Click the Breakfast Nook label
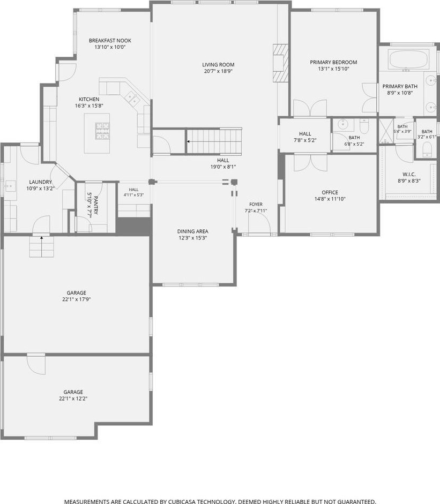click(110, 41)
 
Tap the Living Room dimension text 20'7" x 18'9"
click(218, 71)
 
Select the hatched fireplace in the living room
click(279, 63)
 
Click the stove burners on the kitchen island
click(102, 131)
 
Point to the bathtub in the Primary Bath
click(408, 59)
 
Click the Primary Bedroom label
click(333, 62)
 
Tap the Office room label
click(330, 192)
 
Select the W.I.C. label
click(409, 174)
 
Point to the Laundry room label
click(41, 182)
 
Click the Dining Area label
click(192, 231)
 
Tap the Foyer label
click(256, 204)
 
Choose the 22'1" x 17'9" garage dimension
click(77, 299)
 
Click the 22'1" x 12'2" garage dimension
click(73, 398)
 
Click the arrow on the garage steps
click(41, 238)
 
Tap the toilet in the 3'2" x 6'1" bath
click(427, 149)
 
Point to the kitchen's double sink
click(132, 99)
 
